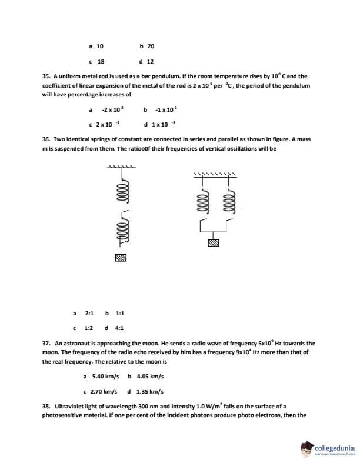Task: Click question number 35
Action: [46, 76]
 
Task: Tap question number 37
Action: [46, 342]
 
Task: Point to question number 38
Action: [46, 407]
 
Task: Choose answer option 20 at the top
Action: [151, 46]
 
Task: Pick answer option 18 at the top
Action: [101, 61]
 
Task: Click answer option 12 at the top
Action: [151, 61]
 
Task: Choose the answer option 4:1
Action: [119, 328]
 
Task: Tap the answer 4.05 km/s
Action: [150, 376]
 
